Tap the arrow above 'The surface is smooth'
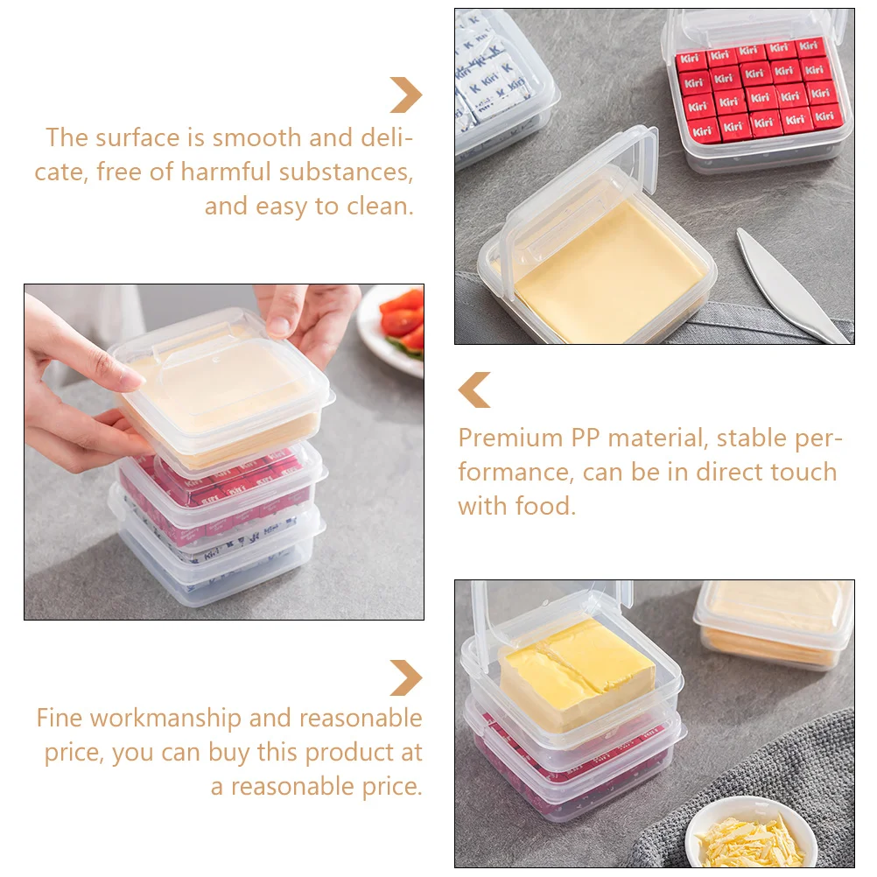click(407, 95)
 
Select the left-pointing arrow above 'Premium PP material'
click(474, 389)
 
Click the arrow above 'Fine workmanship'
click(407, 678)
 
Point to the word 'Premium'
click(510, 438)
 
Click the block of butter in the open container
click(576, 674)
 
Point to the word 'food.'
click(545, 506)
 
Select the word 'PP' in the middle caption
click(585, 438)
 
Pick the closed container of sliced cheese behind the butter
click(775, 624)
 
